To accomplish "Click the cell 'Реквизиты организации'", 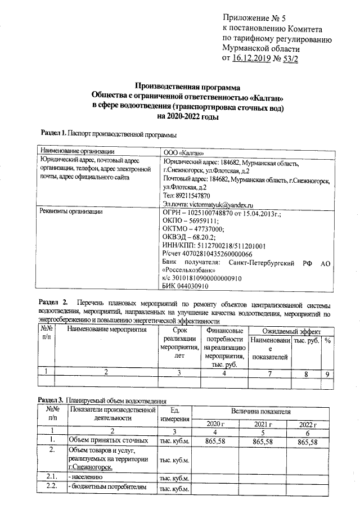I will point(70,212).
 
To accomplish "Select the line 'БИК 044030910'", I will point(185,286).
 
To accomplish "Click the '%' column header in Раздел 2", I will point(327,340).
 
